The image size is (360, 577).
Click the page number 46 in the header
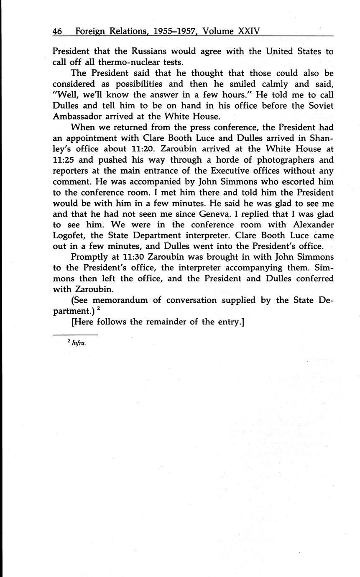coord(58,31)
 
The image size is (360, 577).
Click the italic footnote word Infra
coord(79,344)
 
